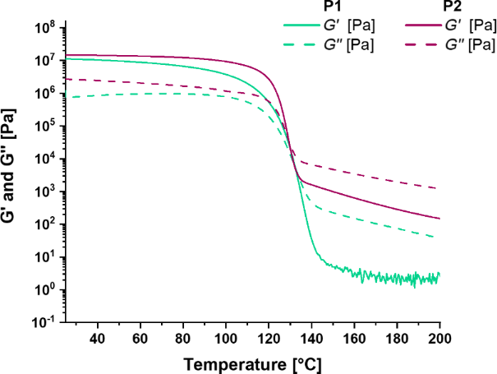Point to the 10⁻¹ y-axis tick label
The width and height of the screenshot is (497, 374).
coord(43,323)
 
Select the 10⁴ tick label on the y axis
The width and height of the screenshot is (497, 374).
coord(43,159)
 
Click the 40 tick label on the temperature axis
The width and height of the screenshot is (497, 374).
coord(98,339)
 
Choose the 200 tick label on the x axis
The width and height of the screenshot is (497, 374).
coord(439,339)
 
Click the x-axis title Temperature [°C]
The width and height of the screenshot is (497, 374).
coord(252,362)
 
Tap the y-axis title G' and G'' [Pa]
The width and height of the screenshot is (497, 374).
coord(12,174)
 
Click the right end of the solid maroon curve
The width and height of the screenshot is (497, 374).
coord(439,219)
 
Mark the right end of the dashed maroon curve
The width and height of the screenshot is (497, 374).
coord(436,188)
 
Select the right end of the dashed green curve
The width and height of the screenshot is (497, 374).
coord(436,237)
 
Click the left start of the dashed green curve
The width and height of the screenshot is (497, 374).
coord(66,97)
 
